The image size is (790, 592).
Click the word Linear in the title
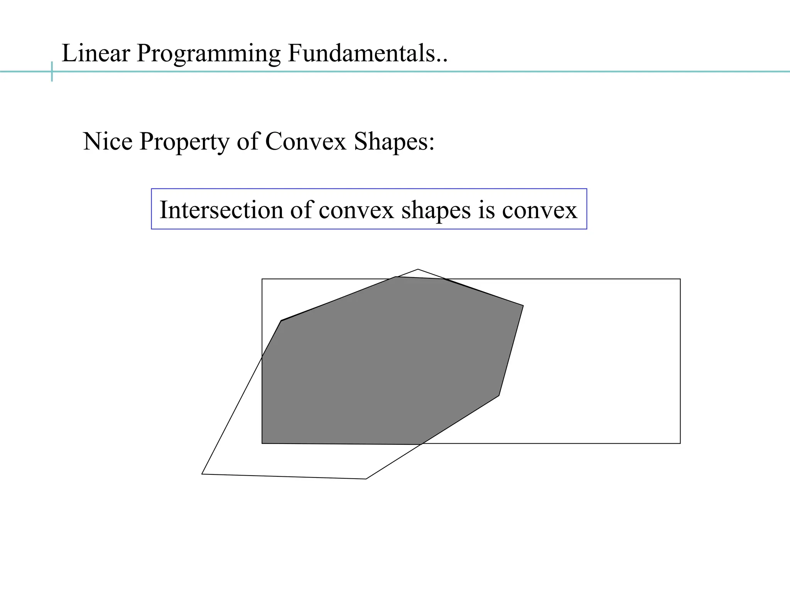96,53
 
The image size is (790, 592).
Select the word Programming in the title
208,54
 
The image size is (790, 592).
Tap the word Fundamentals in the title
362,53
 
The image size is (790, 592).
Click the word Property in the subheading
184,142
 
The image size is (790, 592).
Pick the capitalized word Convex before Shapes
306,141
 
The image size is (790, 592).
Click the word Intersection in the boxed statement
221,210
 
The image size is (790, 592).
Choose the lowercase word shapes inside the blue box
436,211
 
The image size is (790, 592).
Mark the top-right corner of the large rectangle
680,279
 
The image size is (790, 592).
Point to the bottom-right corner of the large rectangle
680,443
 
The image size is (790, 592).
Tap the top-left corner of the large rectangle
262,279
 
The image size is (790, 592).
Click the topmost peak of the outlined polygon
418,269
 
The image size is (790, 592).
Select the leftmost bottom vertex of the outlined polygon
202,474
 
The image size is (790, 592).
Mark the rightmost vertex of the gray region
523,306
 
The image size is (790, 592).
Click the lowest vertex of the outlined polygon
366,479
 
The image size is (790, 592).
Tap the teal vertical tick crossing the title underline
52,72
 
